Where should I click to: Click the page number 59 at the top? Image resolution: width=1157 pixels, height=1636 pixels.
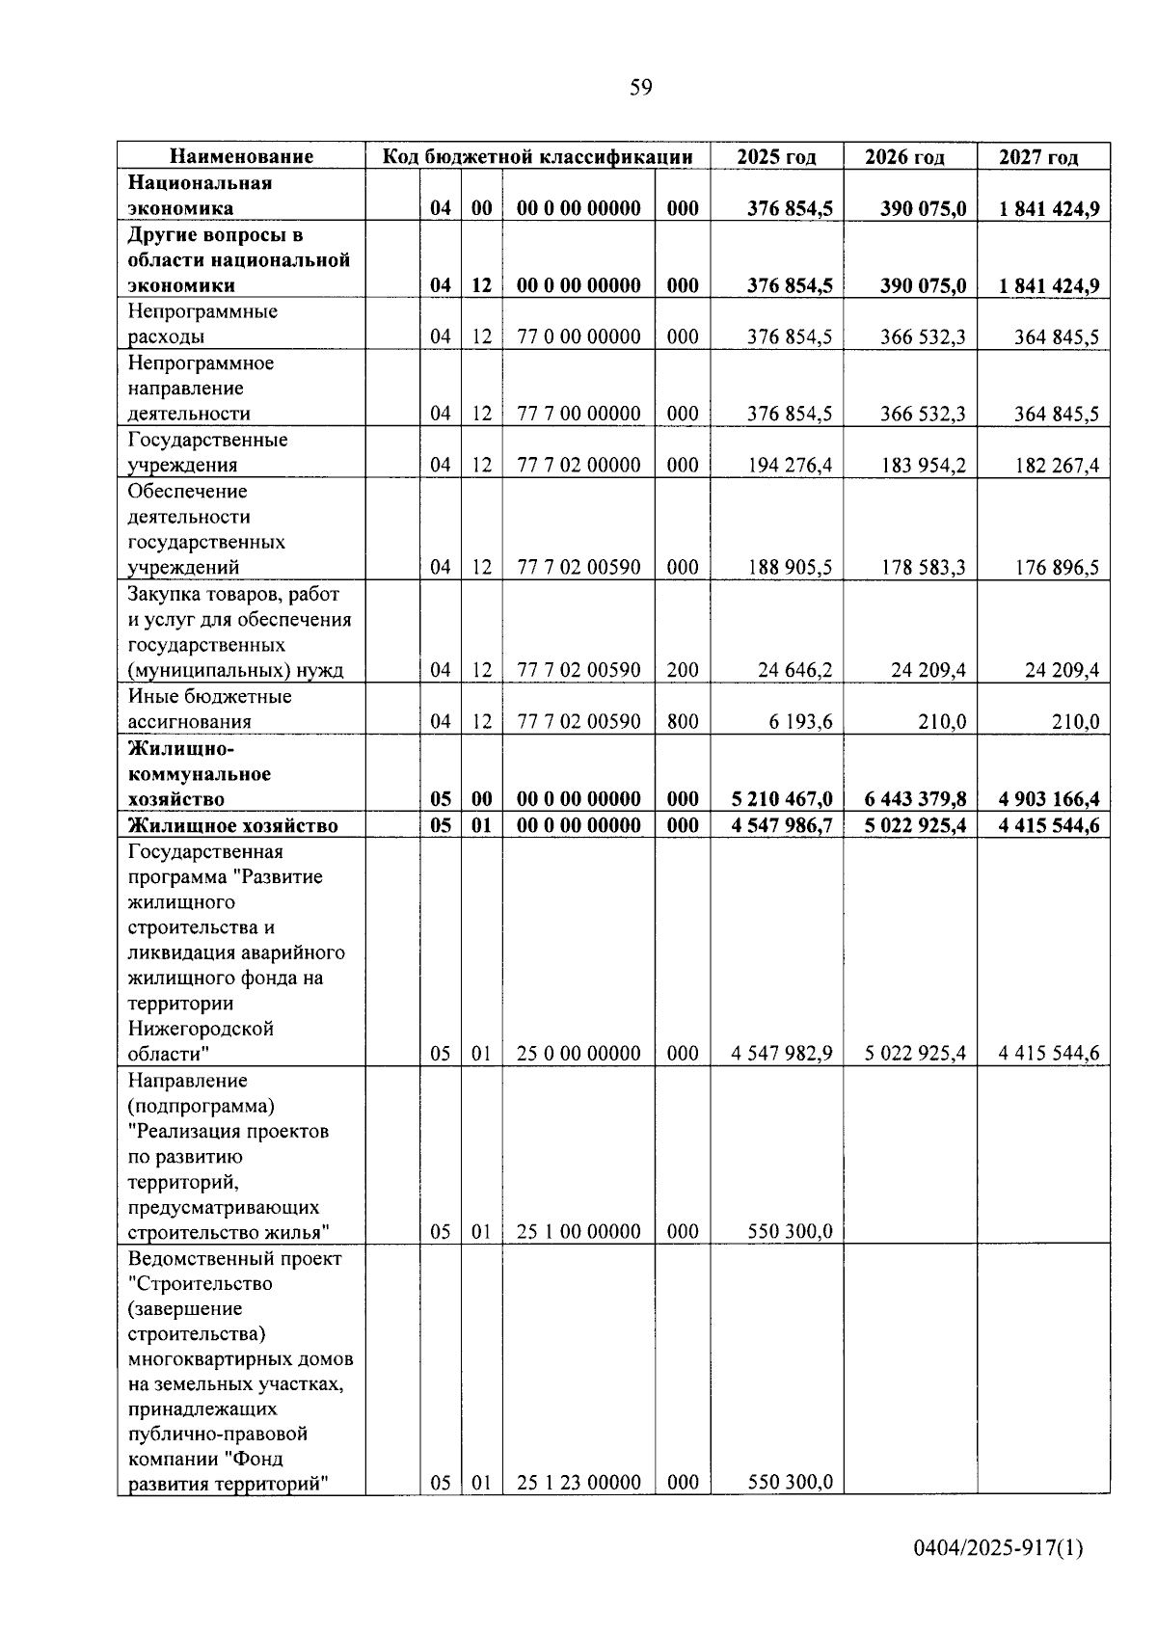pyautogui.click(x=640, y=88)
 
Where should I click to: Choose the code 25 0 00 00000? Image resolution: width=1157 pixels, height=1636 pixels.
pyautogui.click(x=578, y=1054)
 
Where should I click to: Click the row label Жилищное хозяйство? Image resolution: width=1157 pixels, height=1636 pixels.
pyautogui.click(x=233, y=825)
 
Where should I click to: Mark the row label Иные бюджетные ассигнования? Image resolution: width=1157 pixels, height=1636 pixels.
pyautogui.click(x=209, y=709)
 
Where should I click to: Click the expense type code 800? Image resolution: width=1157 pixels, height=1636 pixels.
pyautogui.click(x=683, y=722)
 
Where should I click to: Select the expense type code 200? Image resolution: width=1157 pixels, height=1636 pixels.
pyautogui.click(x=683, y=670)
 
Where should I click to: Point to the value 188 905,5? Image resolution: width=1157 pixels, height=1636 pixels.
pyautogui.click(x=790, y=568)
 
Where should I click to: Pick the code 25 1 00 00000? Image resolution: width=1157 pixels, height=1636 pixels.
pyautogui.click(x=578, y=1232)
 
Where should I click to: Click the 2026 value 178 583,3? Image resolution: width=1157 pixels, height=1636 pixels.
pyautogui.click(x=923, y=568)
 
